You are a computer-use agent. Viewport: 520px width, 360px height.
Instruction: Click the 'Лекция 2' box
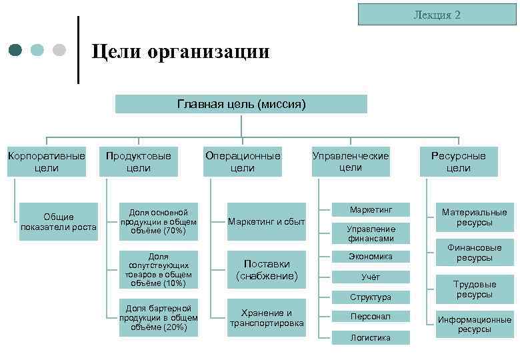[437, 15]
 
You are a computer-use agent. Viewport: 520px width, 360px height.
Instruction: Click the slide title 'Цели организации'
[180, 51]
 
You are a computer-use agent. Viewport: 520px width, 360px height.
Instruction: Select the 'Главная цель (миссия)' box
[241, 104]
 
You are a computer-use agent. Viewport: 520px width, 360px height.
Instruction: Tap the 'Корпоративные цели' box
[46, 162]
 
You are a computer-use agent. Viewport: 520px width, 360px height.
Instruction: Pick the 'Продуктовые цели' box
[139, 162]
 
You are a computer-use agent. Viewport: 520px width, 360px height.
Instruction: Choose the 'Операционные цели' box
[243, 162]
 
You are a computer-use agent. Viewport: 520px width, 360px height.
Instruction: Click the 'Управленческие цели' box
[351, 161]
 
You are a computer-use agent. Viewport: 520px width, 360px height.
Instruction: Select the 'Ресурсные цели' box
[459, 162]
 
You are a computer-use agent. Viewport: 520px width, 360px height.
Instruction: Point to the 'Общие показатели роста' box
[59, 222]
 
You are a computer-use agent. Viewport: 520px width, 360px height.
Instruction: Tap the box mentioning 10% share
[159, 270]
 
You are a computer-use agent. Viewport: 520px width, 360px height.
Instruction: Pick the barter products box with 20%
[159, 318]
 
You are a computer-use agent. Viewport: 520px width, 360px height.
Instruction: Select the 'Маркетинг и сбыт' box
[267, 222]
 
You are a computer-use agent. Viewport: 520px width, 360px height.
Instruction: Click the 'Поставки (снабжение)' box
[267, 270]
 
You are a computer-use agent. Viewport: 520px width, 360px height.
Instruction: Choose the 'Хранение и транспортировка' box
[267, 318]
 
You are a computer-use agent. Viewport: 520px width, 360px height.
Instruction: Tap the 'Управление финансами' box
[371, 233]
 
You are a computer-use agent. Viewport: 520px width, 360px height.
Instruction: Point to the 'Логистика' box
[371, 338]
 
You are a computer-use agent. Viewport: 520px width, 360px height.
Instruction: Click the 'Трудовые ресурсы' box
[475, 289]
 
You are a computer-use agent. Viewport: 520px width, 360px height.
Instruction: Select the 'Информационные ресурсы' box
[475, 324]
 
